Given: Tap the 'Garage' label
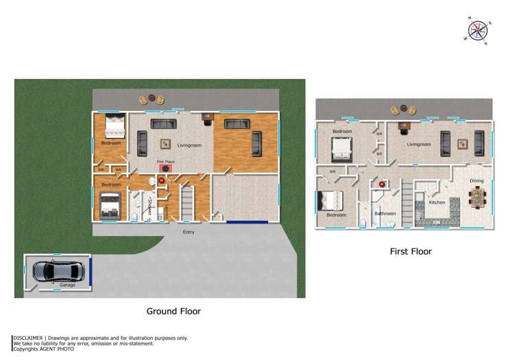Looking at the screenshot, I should tap(68, 284).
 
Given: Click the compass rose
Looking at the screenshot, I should tap(478, 30).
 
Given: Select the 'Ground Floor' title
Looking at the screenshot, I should tap(173, 311).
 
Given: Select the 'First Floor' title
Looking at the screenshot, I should tap(411, 252).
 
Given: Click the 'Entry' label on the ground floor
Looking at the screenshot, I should tap(188, 232).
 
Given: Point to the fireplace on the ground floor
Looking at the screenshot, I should tap(165, 168).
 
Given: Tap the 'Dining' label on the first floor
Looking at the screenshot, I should tap(476, 181).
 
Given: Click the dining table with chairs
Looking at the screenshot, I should tap(477, 198).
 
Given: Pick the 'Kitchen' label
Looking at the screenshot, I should tap(437, 202).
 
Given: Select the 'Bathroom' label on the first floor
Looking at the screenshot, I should tap(384, 213).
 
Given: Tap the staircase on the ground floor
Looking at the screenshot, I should tap(187, 203).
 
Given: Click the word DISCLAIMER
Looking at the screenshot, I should tap(28, 338).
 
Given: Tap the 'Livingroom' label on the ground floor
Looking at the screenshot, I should tap(189, 145).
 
